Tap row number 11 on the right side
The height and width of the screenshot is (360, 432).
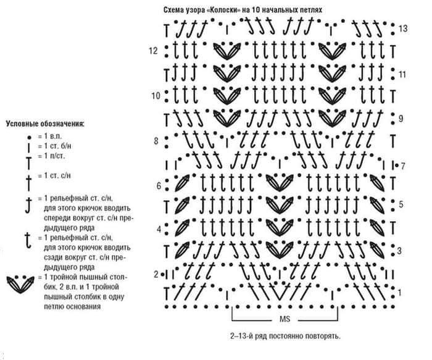pyautogui.click(x=402, y=74)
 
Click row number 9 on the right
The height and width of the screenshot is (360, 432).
pyautogui.click(x=401, y=118)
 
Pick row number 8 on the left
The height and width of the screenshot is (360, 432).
pyautogui.click(x=157, y=141)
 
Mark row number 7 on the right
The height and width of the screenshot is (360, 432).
pyautogui.click(x=402, y=165)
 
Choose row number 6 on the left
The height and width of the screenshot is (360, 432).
pyautogui.click(x=158, y=186)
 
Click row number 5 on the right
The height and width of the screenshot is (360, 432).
pyautogui.click(x=401, y=204)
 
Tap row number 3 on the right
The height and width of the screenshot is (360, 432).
pyautogui.click(x=400, y=251)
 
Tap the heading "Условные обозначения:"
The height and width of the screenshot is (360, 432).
pyautogui.click(x=44, y=124)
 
